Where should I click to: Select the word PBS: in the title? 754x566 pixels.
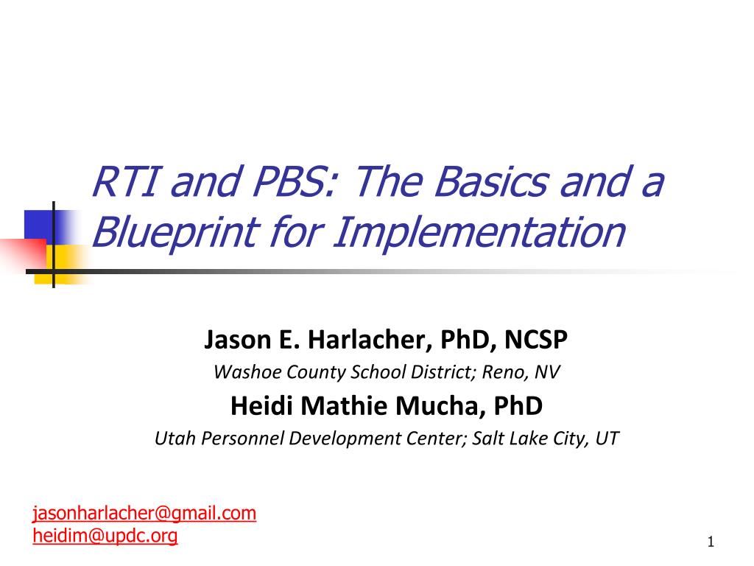click(294, 181)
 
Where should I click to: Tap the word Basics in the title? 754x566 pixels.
click(491, 181)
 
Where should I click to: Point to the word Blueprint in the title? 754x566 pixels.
click(176, 233)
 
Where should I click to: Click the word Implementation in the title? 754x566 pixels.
click(479, 232)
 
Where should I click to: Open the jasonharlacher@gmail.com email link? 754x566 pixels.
click(144, 513)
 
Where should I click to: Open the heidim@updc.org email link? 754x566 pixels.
click(105, 535)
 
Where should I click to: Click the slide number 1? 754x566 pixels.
click(711, 542)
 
